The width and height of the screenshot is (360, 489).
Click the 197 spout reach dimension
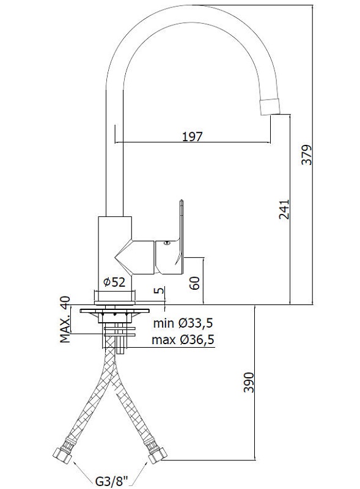point(192,136)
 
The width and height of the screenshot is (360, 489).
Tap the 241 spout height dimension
point(284,209)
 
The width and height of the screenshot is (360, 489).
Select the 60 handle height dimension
point(195,283)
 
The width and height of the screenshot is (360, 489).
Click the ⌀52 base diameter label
point(114,282)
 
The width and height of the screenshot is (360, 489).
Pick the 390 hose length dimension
point(249,382)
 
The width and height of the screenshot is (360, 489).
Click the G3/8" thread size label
point(112,481)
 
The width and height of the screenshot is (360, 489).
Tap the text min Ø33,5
point(183,323)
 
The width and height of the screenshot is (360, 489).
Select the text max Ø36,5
point(183,340)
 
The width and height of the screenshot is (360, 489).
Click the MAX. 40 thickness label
point(65,320)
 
